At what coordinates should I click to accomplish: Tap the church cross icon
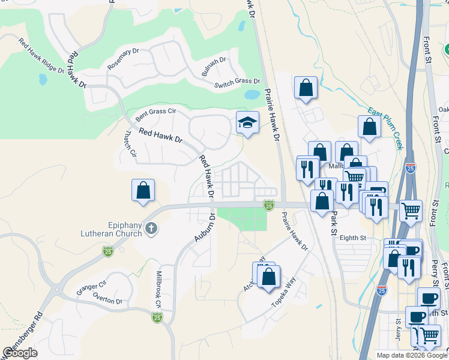(151, 227)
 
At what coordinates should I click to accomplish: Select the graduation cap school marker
(247, 123)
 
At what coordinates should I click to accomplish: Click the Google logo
(20, 353)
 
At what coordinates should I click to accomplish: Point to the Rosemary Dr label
(122, 59)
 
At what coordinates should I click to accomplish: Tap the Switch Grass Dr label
(237, 82)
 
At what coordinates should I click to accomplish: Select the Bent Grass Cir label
(155, 112)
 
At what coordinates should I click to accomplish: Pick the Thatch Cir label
(129, 145)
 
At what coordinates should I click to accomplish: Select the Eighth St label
(352, 238)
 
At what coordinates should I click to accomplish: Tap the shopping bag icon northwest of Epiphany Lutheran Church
(143, 191)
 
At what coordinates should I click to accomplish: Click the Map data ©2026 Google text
(412, 355)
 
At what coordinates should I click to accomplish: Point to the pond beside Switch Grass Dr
(252, 95)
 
